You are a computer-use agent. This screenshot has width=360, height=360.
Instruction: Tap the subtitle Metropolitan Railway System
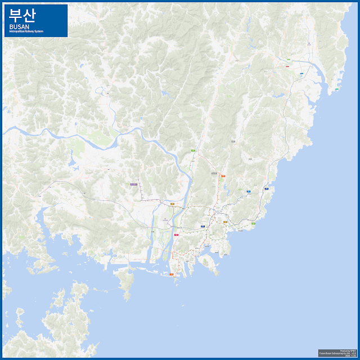point(26,31)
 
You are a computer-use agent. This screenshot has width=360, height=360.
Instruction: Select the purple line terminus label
point(133,184)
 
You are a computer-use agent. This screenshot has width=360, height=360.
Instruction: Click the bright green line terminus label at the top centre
point(193,151)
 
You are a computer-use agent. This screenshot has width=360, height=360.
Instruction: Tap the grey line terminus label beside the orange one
point(214,173)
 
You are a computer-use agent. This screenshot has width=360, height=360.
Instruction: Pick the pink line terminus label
point(177,235)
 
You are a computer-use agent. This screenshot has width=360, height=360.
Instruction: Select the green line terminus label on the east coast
point(253,224)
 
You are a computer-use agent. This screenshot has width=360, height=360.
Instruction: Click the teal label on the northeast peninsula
point(336,89)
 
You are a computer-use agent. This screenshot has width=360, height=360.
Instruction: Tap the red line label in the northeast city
point(287,66)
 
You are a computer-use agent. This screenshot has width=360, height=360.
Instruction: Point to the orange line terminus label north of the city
point(223,175)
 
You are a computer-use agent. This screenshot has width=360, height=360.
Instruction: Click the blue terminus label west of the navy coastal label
point(248,191)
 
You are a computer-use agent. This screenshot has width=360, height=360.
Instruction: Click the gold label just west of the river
point(173,204)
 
